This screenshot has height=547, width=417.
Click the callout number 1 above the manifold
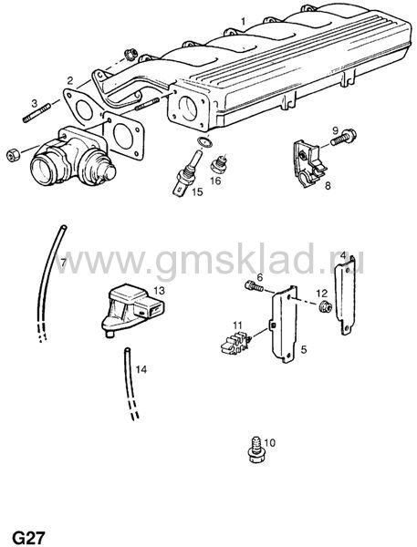click(x=243, y=21)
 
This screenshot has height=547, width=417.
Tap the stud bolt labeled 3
click(x=36, y=114)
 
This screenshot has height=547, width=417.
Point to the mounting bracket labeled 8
click(x=308, y=163)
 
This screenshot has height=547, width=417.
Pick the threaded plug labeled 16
click(x=219, y=164)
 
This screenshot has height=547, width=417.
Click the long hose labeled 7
click(x=51, y=279)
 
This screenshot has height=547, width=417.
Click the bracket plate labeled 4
click(x=346, y=294)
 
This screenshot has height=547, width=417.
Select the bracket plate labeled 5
click(x=285, y=324)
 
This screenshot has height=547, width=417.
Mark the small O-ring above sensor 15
click(x=204, y=142)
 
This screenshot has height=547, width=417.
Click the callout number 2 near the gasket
click(x=70, y=81)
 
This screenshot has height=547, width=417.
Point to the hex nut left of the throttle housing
click(x=14, y=155)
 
